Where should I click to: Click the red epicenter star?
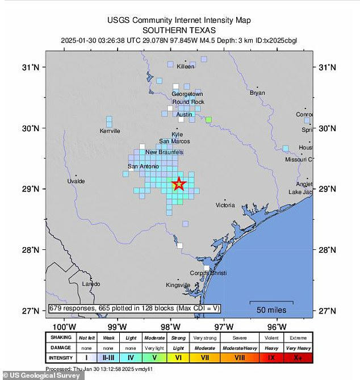[x=178, y=183]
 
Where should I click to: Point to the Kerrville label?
[x=110, y=131]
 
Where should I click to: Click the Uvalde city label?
[x=76, y=181]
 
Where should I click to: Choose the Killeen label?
[x=185, y=66]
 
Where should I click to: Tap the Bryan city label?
[x=257, y=93]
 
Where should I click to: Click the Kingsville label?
[x=178, y=285]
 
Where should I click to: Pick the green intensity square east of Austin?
[x=208, y=120]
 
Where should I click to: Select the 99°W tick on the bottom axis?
[x=117, y=326]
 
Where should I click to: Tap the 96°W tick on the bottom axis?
[x=277, y=326]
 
